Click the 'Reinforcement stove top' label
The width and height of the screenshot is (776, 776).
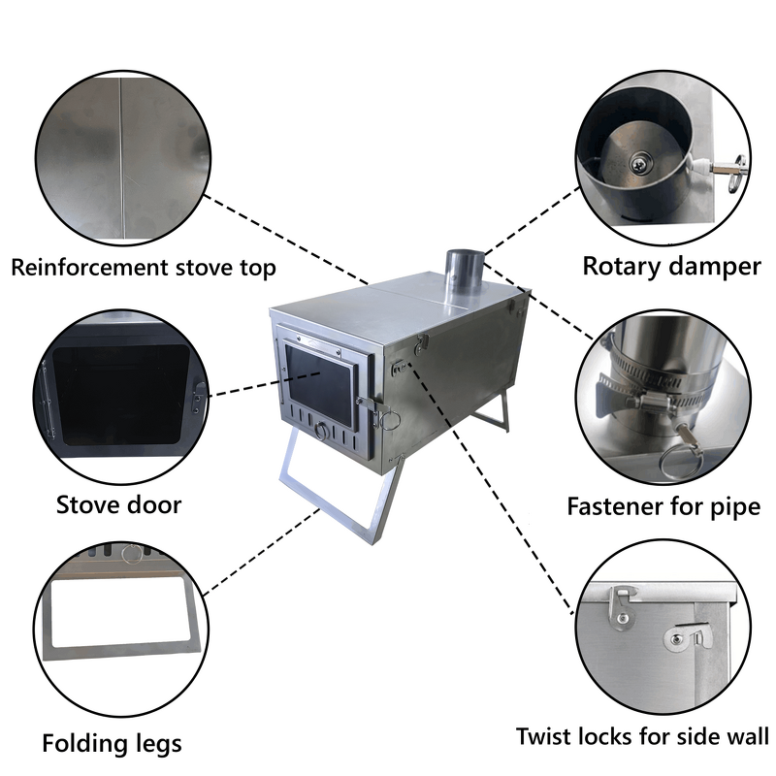click(144, 268)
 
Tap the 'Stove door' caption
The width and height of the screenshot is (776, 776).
click(118, 504)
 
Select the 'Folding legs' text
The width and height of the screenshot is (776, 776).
click(112, 744)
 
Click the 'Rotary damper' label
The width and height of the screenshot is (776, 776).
click(671, 266)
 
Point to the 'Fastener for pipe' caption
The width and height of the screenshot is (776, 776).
click(663, 506)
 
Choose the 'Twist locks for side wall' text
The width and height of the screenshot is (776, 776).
click(642, 736)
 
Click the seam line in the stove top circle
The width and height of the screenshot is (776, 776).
click(121, 155)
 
